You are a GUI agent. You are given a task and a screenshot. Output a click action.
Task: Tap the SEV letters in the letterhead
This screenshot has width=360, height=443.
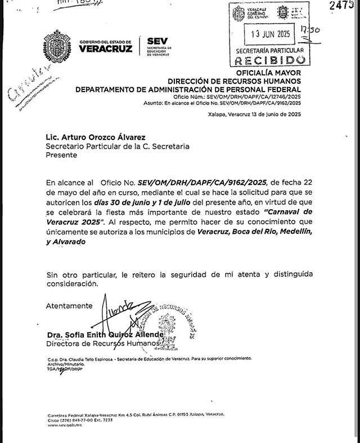click(x=157, y=40)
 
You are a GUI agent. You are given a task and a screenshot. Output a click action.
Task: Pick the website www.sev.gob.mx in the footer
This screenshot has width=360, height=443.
click(x=63, y=426)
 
